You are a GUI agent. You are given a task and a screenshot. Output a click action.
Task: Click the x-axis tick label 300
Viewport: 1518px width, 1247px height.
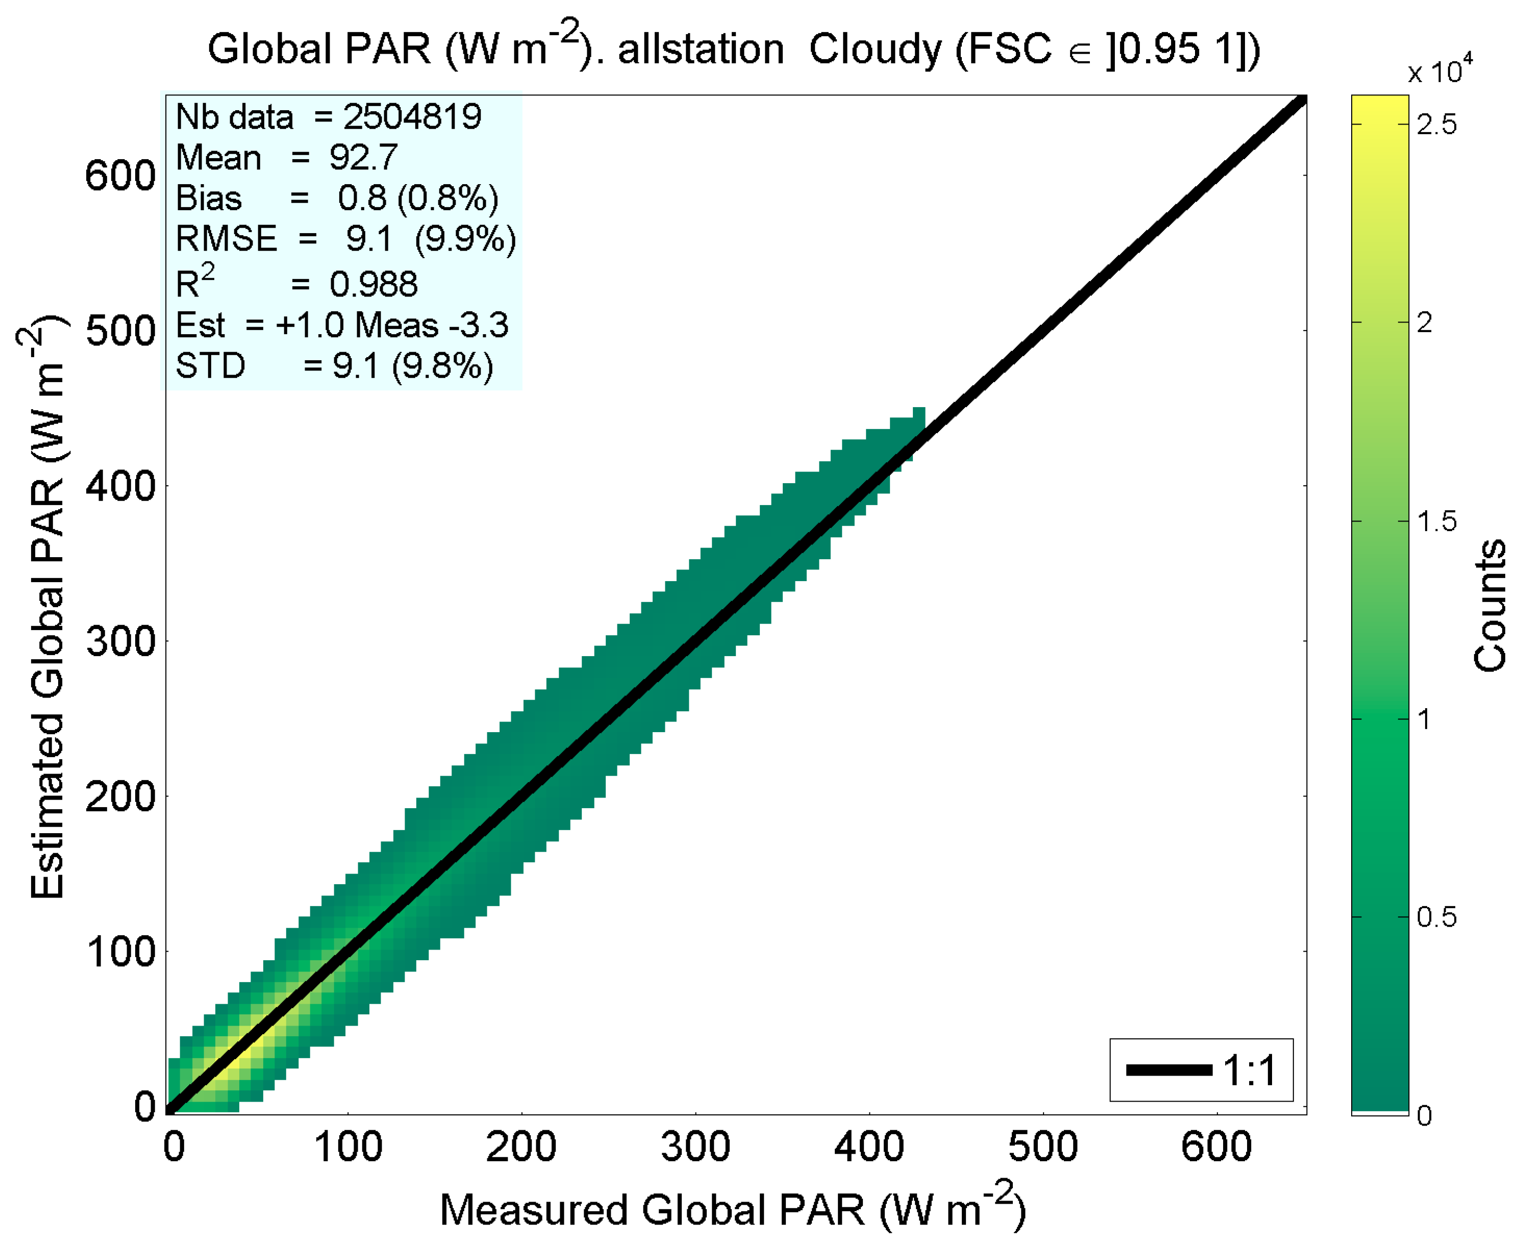(694, 1147)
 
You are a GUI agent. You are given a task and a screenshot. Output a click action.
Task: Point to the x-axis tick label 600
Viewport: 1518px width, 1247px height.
(1216, 1147)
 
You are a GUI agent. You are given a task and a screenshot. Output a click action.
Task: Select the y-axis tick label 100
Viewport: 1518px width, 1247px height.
(120, 952)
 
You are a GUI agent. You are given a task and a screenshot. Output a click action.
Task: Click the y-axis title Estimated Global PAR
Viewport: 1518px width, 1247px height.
(47, 607)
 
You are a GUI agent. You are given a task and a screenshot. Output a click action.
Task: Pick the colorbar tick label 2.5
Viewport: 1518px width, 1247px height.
(1436, 125)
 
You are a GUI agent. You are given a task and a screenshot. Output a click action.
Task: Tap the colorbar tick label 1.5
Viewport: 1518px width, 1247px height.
(1436, 521)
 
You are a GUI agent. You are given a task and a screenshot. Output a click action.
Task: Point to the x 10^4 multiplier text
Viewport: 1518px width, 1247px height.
(1439, 70)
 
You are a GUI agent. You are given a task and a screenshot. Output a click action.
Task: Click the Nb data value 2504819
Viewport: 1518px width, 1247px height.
(412, 116)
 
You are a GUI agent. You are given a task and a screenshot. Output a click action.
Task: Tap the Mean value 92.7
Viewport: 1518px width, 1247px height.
(363, 157)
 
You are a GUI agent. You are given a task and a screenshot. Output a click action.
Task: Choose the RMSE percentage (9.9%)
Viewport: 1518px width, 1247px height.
(465, 238)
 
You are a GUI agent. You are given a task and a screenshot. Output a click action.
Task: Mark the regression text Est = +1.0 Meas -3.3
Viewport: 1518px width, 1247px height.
(342, 326)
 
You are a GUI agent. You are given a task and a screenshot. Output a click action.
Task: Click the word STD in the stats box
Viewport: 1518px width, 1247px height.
(210, 366)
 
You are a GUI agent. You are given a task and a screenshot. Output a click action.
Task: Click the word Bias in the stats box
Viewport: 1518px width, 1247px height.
(208, 198)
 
